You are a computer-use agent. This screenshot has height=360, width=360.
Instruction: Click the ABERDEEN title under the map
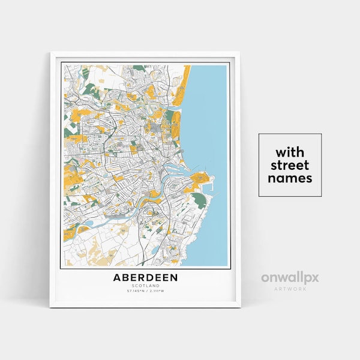pos(145,278)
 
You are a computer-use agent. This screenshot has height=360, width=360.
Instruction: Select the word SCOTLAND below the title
pos(145,286)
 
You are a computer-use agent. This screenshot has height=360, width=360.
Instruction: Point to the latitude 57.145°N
pos(135,292)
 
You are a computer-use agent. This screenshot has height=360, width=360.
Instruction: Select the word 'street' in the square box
pos(290,165)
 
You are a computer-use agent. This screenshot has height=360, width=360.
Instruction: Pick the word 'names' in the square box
pos(290,178)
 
